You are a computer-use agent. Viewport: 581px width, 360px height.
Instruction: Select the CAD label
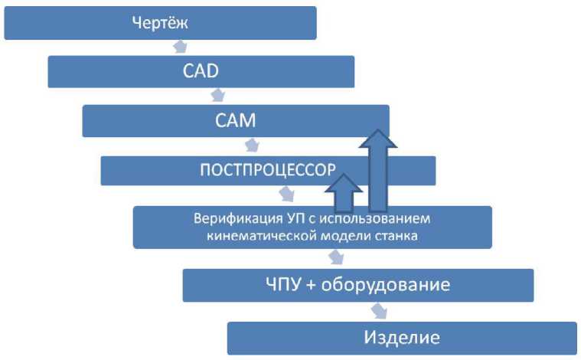[x=201, y=71]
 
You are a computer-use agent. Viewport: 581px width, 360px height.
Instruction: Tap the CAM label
[x=235, y=120]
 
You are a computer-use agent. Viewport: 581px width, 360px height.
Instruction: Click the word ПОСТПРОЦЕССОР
[x=267, y=169]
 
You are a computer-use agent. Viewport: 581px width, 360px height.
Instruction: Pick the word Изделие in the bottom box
[x=401, y=336]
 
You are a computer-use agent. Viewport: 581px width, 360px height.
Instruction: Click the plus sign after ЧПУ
[x=312, y=286]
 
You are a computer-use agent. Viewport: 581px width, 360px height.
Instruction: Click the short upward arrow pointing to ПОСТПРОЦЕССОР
[x=344, y=192]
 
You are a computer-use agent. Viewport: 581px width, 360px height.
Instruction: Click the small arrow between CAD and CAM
[x=217, y=95]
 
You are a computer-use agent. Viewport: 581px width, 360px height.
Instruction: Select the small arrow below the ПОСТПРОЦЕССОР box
[x=287, y=194]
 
